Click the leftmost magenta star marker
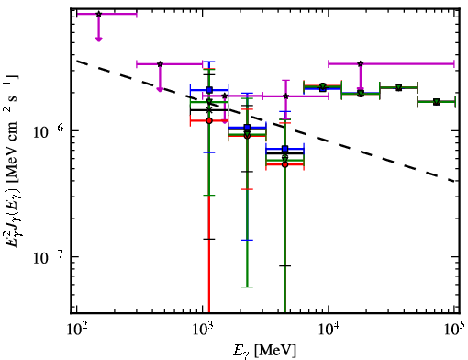coord(98,14)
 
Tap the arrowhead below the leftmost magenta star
coord(98,39)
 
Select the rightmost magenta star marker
coord(361,64)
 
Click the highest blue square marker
coord(209,90)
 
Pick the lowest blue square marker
coord(285,149)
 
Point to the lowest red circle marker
coord(285,164)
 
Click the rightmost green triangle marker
coord(437,102)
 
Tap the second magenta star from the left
coord(160,64)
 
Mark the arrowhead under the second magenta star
coord(160,89)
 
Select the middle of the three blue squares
coord(247,128)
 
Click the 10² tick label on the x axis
coord(76,330)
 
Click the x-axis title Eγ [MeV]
coord(264,351)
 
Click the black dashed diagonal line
coord(265,120)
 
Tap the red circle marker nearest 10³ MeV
coord(209,121)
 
